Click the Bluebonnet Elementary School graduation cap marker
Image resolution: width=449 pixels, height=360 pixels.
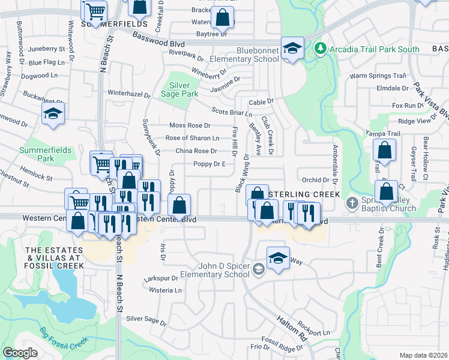pyautogui.click(x=292, y=48)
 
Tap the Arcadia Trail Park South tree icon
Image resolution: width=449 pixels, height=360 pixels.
pyautogui.click(x=321, y=47)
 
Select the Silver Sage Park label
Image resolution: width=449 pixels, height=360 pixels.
pyautogui.click(x=184, y=89)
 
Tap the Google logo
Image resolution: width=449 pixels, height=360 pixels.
pyautogui.click(x=20, y=352)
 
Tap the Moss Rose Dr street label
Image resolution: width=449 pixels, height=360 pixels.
pyautogui.click(x=190, y=125)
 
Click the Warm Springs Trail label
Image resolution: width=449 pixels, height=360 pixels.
pyautogui.click(x=378, y=76)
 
